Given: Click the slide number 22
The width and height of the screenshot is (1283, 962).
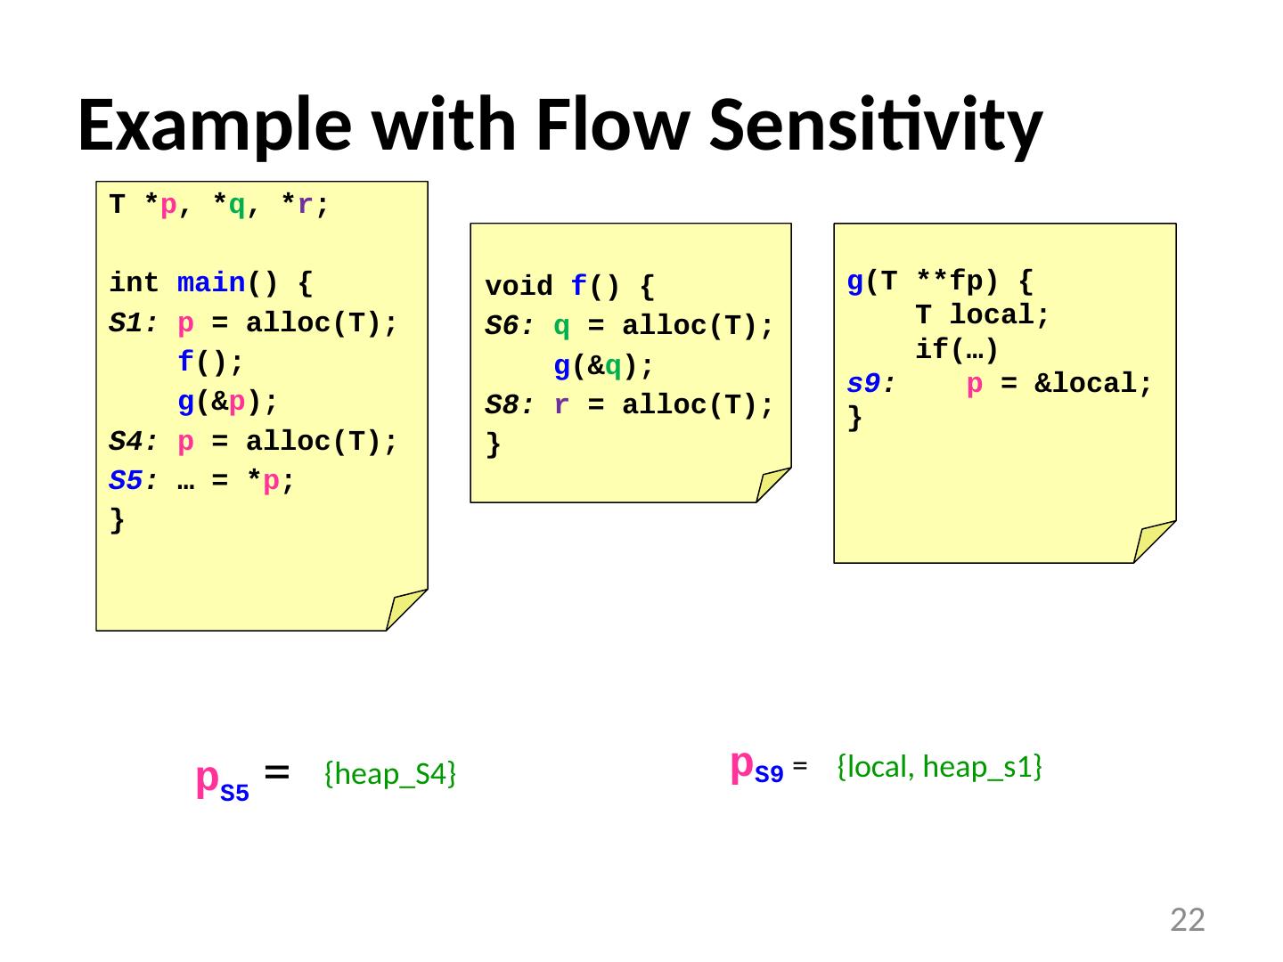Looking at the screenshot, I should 1187,920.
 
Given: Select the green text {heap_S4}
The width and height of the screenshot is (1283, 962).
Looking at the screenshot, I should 390,775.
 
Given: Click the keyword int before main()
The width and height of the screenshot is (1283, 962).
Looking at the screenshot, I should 135,283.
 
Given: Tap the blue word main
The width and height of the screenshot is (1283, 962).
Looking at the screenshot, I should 212,283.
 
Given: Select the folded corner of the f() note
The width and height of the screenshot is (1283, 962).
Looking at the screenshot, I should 772,485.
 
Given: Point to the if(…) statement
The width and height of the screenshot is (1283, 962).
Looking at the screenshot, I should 957,349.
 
